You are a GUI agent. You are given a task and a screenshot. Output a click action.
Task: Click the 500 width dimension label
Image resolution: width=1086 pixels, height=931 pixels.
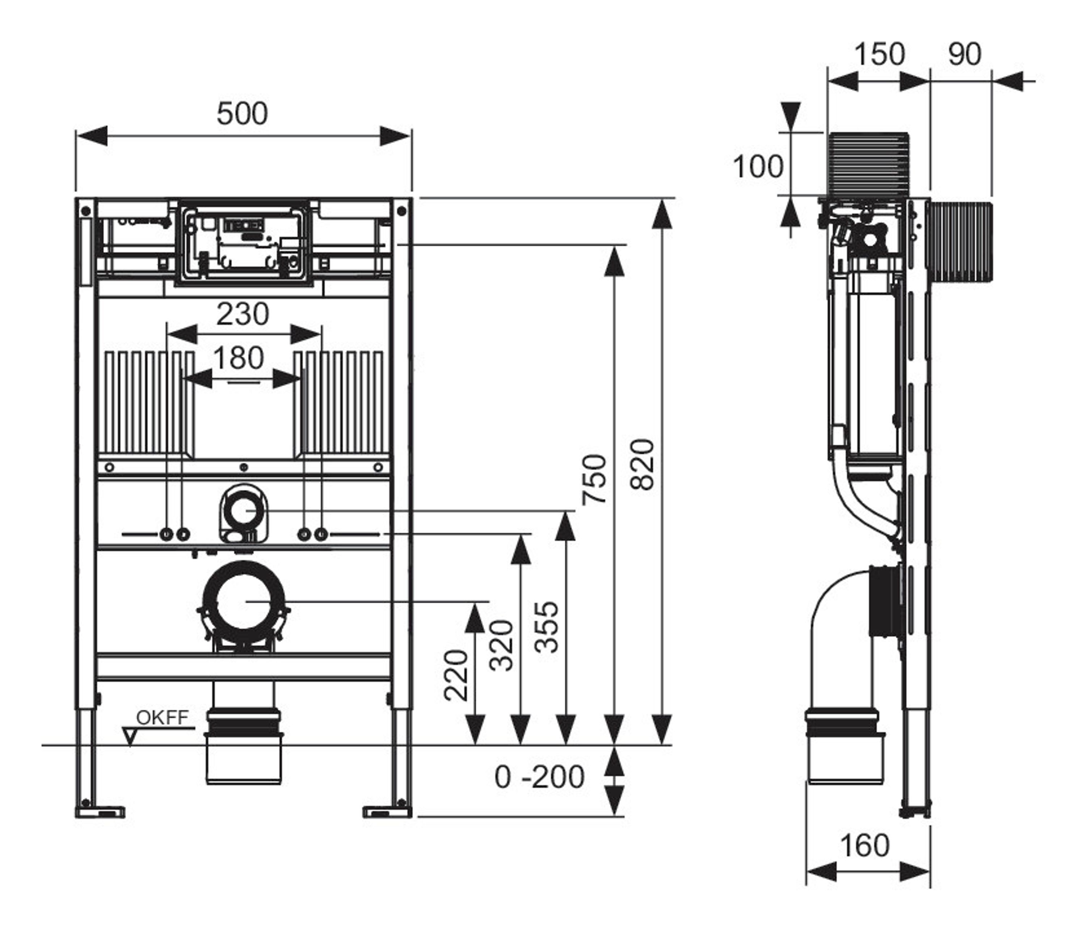coord(242,113)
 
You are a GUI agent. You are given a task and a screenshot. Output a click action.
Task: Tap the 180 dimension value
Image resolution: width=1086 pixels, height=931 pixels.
coord(239,358)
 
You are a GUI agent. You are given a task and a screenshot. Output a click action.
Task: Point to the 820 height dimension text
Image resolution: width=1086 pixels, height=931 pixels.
coord(643,465)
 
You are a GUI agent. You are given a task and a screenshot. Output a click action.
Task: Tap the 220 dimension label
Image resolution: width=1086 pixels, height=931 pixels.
coord(455,675)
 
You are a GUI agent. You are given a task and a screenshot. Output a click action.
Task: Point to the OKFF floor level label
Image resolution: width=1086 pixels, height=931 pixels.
coord(163,718)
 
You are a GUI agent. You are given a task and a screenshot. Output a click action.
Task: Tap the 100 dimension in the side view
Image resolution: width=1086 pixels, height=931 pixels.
coord(758,167)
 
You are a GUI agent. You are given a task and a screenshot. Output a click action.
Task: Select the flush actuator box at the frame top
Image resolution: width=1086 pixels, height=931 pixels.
coord(244,243)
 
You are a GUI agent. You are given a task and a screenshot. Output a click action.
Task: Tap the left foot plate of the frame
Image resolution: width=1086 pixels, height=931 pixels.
coord(101,812)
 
